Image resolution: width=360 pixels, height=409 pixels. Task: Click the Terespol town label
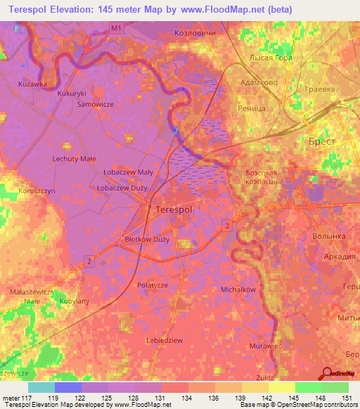(x=173, y=210)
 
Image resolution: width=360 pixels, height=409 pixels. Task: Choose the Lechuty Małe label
(x=74, y=160)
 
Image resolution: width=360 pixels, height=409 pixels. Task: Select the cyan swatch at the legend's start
(x=41, y=387)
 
